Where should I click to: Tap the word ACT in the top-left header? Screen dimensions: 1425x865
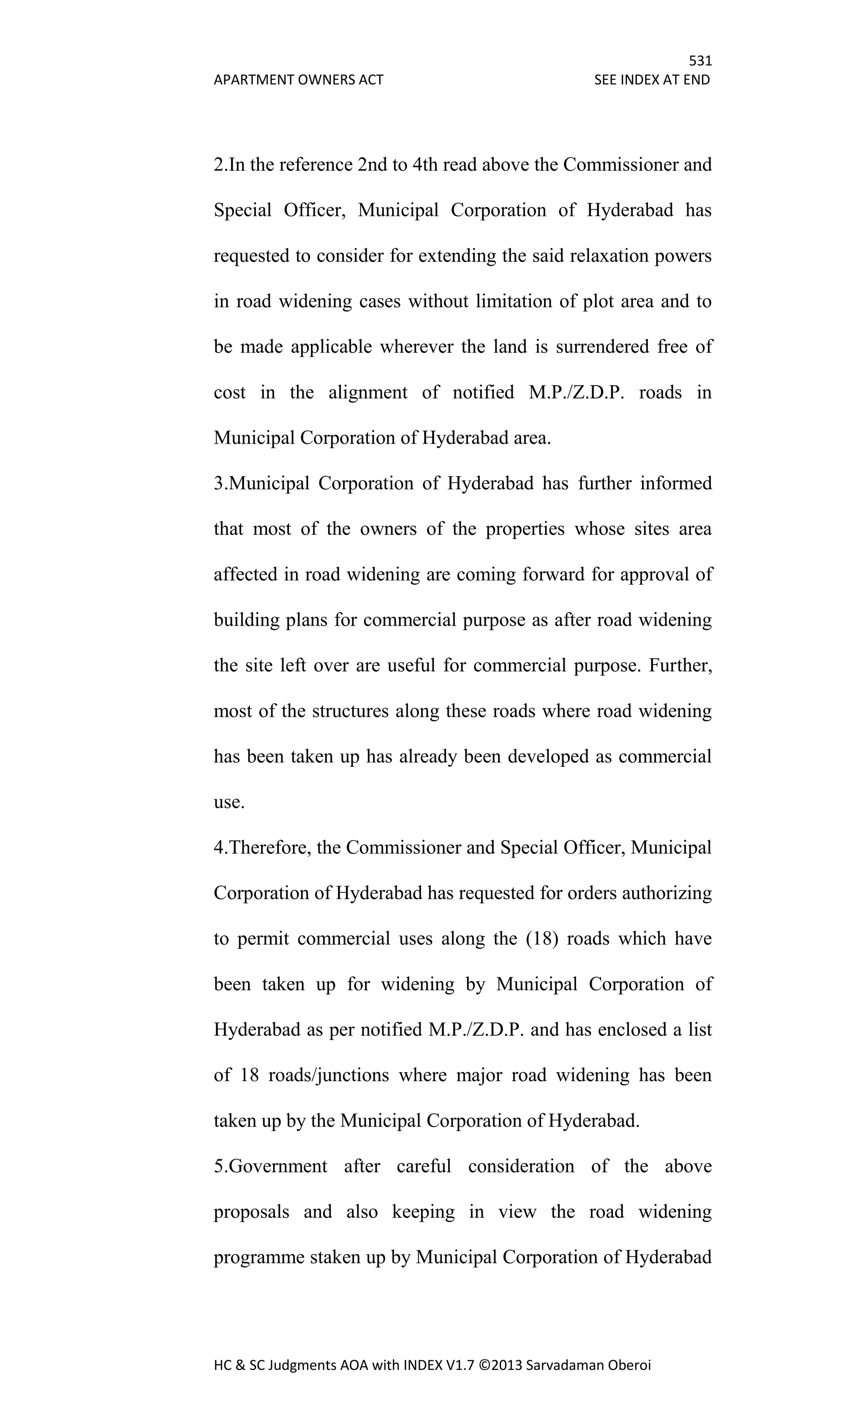click(x=371, y=80)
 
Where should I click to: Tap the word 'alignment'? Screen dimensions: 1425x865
click(x=368, y=392)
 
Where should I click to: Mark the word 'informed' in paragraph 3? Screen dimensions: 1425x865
click(x=675, y=483)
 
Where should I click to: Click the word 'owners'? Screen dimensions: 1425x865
click(x=388, y=529)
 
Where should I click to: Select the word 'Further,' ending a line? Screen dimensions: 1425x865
click(x=680, y=666)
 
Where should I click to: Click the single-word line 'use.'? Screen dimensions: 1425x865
click(x=229, y=803)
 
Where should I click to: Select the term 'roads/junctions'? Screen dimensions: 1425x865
click(x=329, y=1076)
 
